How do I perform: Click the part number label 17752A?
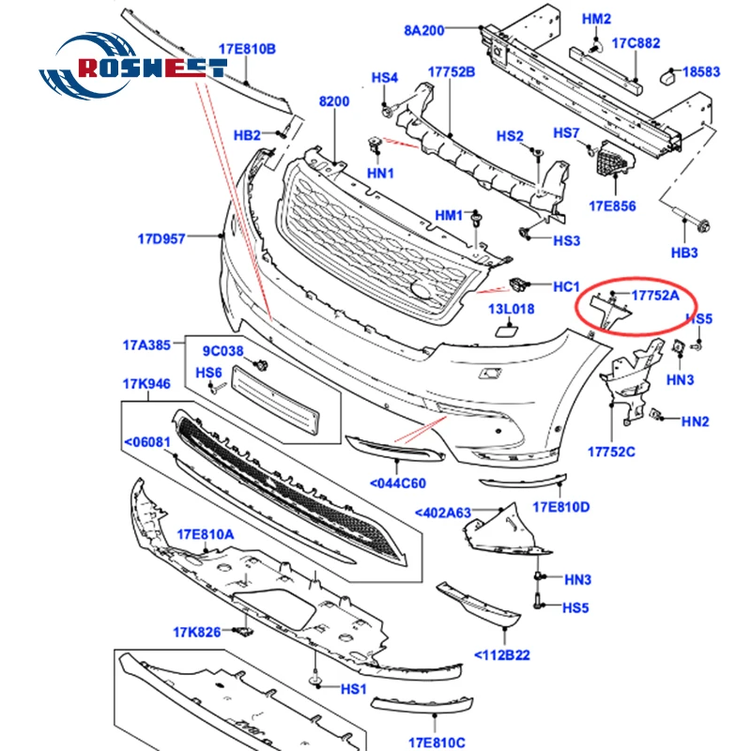(654, 295)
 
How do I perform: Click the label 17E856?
(613, 205)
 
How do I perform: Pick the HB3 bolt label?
(685, 253)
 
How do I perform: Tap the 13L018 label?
(510, 309)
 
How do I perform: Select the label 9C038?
(223, 352)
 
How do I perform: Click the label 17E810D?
(560, 507)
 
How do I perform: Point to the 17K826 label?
(195, 632)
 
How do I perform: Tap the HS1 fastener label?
(353, 688)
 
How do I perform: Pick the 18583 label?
(701, 70)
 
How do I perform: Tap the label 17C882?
(636, 41)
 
